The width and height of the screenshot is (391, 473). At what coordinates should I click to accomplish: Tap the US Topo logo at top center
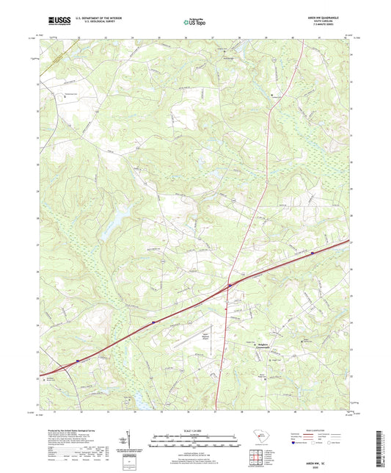pyautogui.click(x=194, y=22)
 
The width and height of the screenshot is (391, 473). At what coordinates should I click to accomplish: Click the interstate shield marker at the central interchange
pyautogui.click(x=230, y=285)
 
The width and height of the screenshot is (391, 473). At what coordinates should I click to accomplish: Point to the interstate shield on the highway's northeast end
pyautogui.click(x=313, y=254)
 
